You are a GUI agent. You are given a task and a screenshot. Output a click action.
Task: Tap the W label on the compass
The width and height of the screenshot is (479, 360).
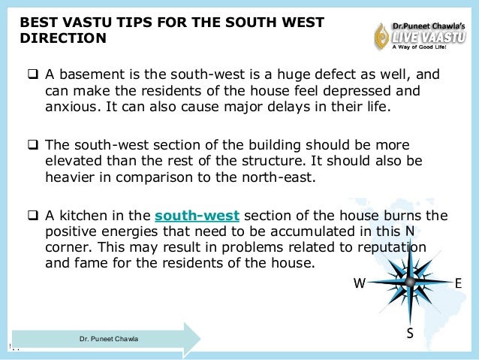coord(359,283)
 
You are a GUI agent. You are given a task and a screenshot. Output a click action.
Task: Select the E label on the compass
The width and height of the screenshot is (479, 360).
coord(458,283)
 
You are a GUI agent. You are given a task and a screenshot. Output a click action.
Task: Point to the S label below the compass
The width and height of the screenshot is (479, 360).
coord(410,333)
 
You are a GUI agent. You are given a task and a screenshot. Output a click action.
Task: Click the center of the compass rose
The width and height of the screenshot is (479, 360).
coord(409,282)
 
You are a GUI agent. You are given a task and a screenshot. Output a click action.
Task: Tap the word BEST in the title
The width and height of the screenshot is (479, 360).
coord(38,23)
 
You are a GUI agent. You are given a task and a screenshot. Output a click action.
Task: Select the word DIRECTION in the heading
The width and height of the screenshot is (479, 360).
coord(62,38)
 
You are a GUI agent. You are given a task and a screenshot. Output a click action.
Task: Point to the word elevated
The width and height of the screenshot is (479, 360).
coord(68,162)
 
